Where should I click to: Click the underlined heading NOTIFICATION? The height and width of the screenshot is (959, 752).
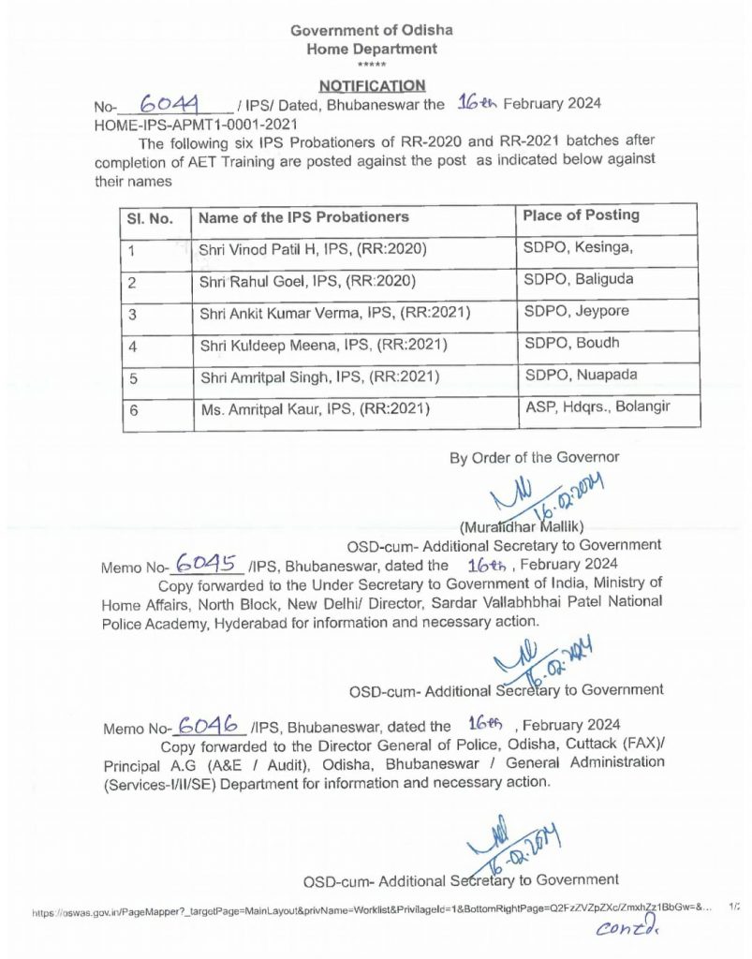pos(372,85)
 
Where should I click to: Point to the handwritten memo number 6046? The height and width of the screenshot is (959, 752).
pos(211,725)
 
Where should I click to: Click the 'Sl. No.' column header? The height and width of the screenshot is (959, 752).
pos(150,218)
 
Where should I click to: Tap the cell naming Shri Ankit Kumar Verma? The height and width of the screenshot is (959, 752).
pos(334,313)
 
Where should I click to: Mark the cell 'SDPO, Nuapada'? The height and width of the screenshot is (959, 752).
pos(574,375)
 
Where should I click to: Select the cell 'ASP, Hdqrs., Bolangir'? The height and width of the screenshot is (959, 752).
pos(597,406)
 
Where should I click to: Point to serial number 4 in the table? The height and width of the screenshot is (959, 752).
pos(133,346)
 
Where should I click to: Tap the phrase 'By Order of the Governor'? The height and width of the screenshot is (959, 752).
pos(535,458)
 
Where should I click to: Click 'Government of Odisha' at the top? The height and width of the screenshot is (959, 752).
pos(371,31)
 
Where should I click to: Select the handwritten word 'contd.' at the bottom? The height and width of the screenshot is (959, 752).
pos(627,929)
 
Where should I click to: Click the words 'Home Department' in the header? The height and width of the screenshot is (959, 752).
pos(371,49)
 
